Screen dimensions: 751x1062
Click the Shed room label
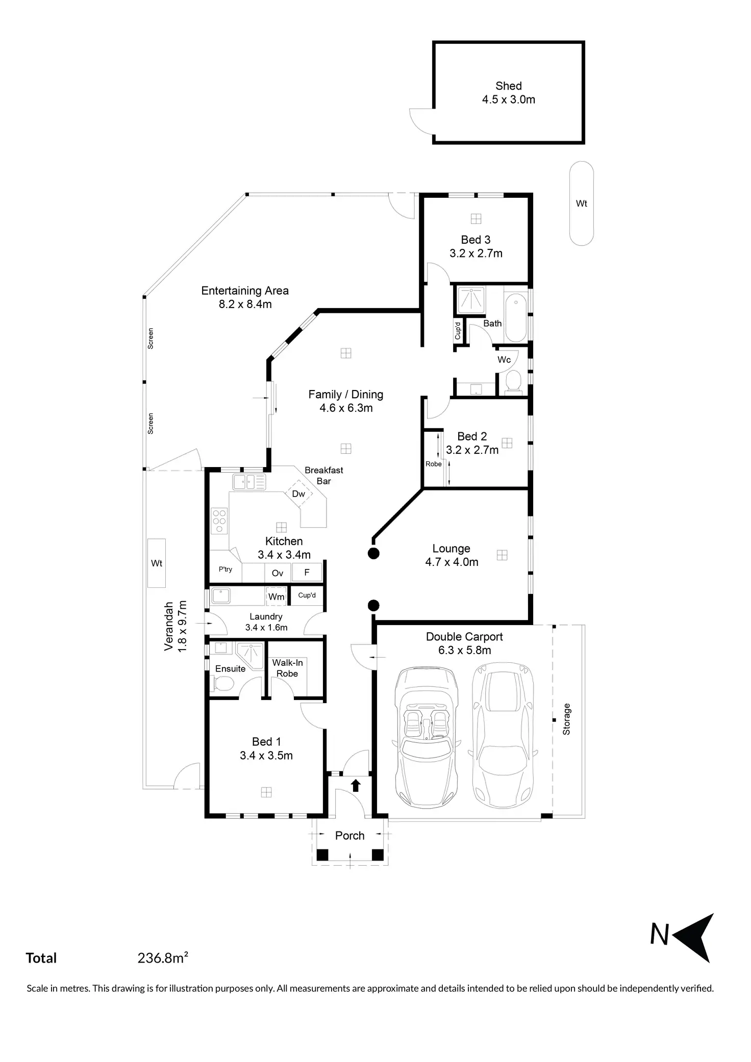point(509,86)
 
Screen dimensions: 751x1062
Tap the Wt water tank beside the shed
point(581,203)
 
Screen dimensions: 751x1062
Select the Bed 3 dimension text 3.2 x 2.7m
point(476,253)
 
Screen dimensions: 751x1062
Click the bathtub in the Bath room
point(515,317)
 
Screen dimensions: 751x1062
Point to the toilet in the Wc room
point(513,381)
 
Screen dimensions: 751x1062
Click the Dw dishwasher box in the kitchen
point(298,494)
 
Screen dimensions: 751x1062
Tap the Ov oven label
point(278,573)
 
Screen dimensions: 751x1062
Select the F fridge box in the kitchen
point(307,573)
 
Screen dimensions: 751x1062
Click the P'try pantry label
point(226,569)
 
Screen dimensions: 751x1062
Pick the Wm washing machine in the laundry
point(277,597)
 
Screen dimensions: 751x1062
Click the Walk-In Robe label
point(287,668)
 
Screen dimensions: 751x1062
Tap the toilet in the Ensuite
point(222,684)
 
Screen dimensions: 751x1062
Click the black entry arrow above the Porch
point(356,786)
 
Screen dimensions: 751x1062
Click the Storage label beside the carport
point(566,719)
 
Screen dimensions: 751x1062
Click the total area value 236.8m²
point(163,958)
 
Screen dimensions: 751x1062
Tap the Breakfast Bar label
point(324,476)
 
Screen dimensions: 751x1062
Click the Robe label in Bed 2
point(434,464)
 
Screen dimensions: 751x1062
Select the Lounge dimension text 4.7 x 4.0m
point(452,562)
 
